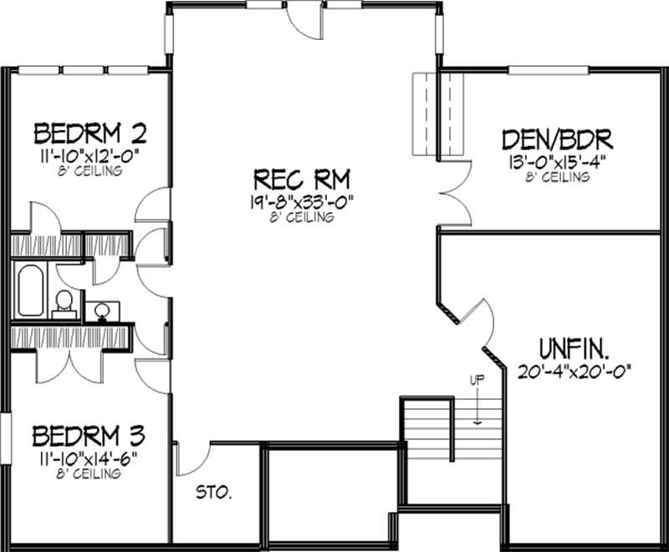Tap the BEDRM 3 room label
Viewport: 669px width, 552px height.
[89, 436]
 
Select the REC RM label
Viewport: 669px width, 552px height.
[302, 179]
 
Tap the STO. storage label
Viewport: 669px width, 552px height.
[214, 492]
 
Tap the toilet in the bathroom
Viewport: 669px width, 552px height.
[62, 305]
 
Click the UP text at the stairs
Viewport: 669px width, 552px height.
[475, 380]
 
